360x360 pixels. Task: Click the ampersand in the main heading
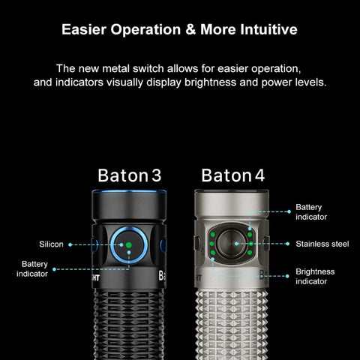click(190, 29)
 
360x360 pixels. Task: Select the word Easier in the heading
click(84, 29)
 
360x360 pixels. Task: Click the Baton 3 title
click(129, 175)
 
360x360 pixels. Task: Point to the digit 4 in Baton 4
click(259, 175)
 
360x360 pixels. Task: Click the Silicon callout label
click(51, 244)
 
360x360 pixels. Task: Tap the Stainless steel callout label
click(322, 244)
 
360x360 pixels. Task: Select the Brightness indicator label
click(315, 277)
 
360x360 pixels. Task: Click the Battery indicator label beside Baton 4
click(311, 212)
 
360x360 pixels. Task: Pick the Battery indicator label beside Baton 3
click(32, 269)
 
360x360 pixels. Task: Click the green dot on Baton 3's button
click(129, 245)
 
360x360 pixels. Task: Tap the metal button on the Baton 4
click(231, 244)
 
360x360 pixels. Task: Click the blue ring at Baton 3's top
click(129, 192)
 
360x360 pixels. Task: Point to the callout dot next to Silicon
click(70, 244)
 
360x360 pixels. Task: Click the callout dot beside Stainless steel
click(288, 244)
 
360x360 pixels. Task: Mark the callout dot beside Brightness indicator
click(287, 276)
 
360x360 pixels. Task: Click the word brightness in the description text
click(210, 82)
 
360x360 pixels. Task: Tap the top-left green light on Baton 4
click(213, 235)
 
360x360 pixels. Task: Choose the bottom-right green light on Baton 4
click(250, 253)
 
